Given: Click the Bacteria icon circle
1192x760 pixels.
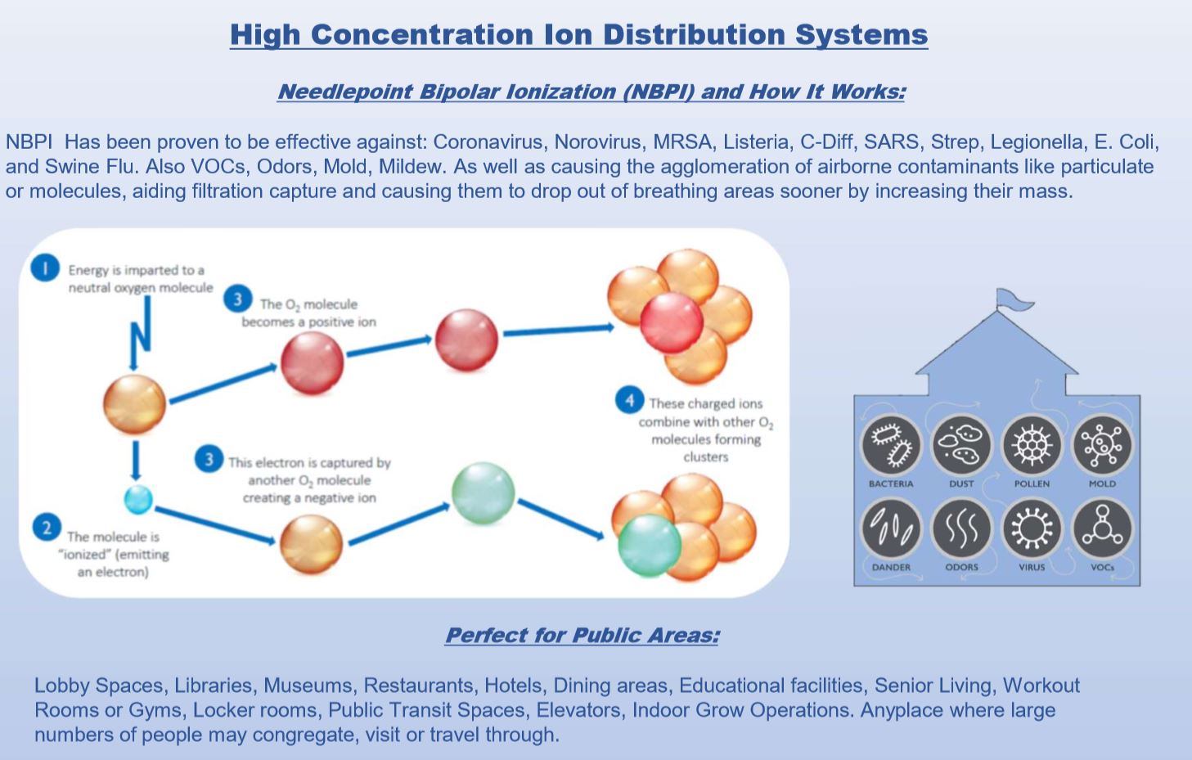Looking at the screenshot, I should [891, 445].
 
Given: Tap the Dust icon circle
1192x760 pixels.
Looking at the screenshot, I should [961, 445].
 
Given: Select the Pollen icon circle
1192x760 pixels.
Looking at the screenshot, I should [1032, 445].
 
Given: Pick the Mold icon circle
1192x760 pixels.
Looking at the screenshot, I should [1102, 445].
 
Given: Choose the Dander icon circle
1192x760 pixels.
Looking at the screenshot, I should [891, 528].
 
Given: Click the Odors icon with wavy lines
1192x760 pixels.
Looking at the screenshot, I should [961, 528].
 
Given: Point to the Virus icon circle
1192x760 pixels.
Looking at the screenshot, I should [1032, 528].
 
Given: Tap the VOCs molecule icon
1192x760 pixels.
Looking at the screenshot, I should [1102, 528].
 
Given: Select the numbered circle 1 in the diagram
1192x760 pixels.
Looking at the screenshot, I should [46, 268].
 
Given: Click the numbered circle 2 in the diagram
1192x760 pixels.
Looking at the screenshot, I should [47, 528].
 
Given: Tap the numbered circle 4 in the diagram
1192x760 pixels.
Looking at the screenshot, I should [629, 401].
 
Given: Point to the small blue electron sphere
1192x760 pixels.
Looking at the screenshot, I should [138, 498].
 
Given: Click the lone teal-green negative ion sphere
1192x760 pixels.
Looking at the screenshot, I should [483, 493].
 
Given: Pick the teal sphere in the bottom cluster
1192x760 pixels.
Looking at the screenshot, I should [649, 546].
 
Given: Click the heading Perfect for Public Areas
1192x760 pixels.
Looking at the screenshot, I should [582, 636].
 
